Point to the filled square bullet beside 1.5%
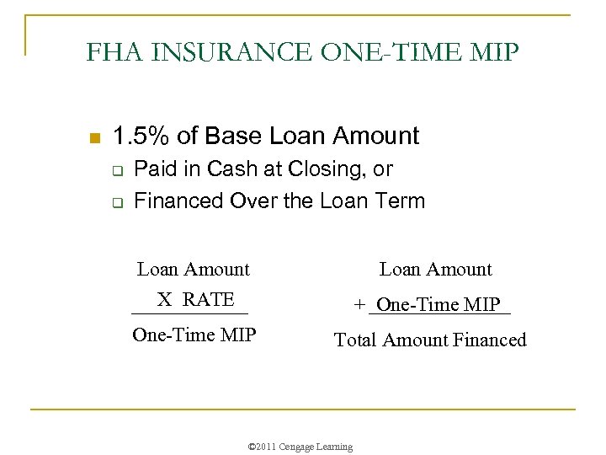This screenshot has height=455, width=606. tap(94, 137)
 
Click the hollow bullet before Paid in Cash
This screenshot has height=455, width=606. tap(119, 171)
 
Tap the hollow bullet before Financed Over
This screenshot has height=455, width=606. tap(119, 202)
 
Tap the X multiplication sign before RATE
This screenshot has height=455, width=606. tap(165, 300)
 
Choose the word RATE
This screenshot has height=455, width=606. tap(209, 300)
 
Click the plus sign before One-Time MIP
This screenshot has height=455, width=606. tap(360, 305)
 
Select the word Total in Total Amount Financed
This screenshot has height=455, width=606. tap(355, 340)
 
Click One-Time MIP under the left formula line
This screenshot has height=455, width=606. tap(194, 335)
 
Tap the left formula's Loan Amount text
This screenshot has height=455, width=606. tap(194, 270)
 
